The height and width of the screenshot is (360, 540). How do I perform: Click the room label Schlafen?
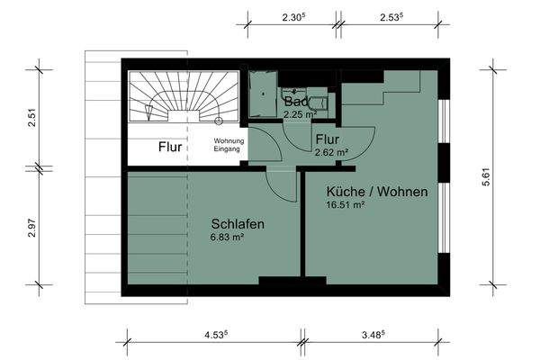(238, 224)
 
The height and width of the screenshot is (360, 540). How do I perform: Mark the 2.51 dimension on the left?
(31, 117)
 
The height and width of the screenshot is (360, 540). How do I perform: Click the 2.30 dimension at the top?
(292, 17)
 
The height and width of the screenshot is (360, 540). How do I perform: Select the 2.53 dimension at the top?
(391, 17)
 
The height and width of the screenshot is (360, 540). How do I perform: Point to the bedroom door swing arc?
(286, 186)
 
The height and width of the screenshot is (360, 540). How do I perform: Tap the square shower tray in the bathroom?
(264, 94)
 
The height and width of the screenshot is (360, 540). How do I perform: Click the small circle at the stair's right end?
(220, 120)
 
